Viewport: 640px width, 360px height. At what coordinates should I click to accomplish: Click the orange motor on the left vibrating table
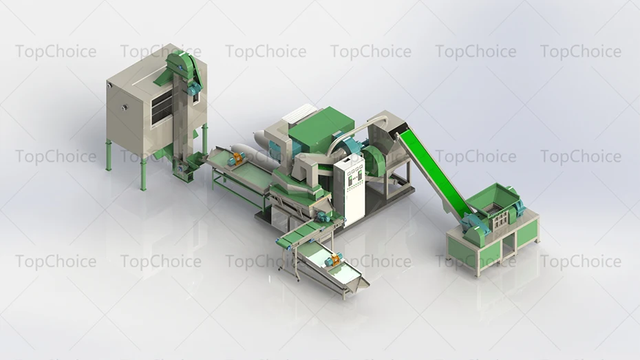click(236, 159)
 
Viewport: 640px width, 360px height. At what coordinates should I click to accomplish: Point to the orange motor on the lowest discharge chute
click(336, 260)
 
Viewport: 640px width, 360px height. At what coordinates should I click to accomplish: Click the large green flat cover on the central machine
click(320, 125)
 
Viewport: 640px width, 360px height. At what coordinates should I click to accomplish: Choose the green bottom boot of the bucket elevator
click(184, 169)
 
